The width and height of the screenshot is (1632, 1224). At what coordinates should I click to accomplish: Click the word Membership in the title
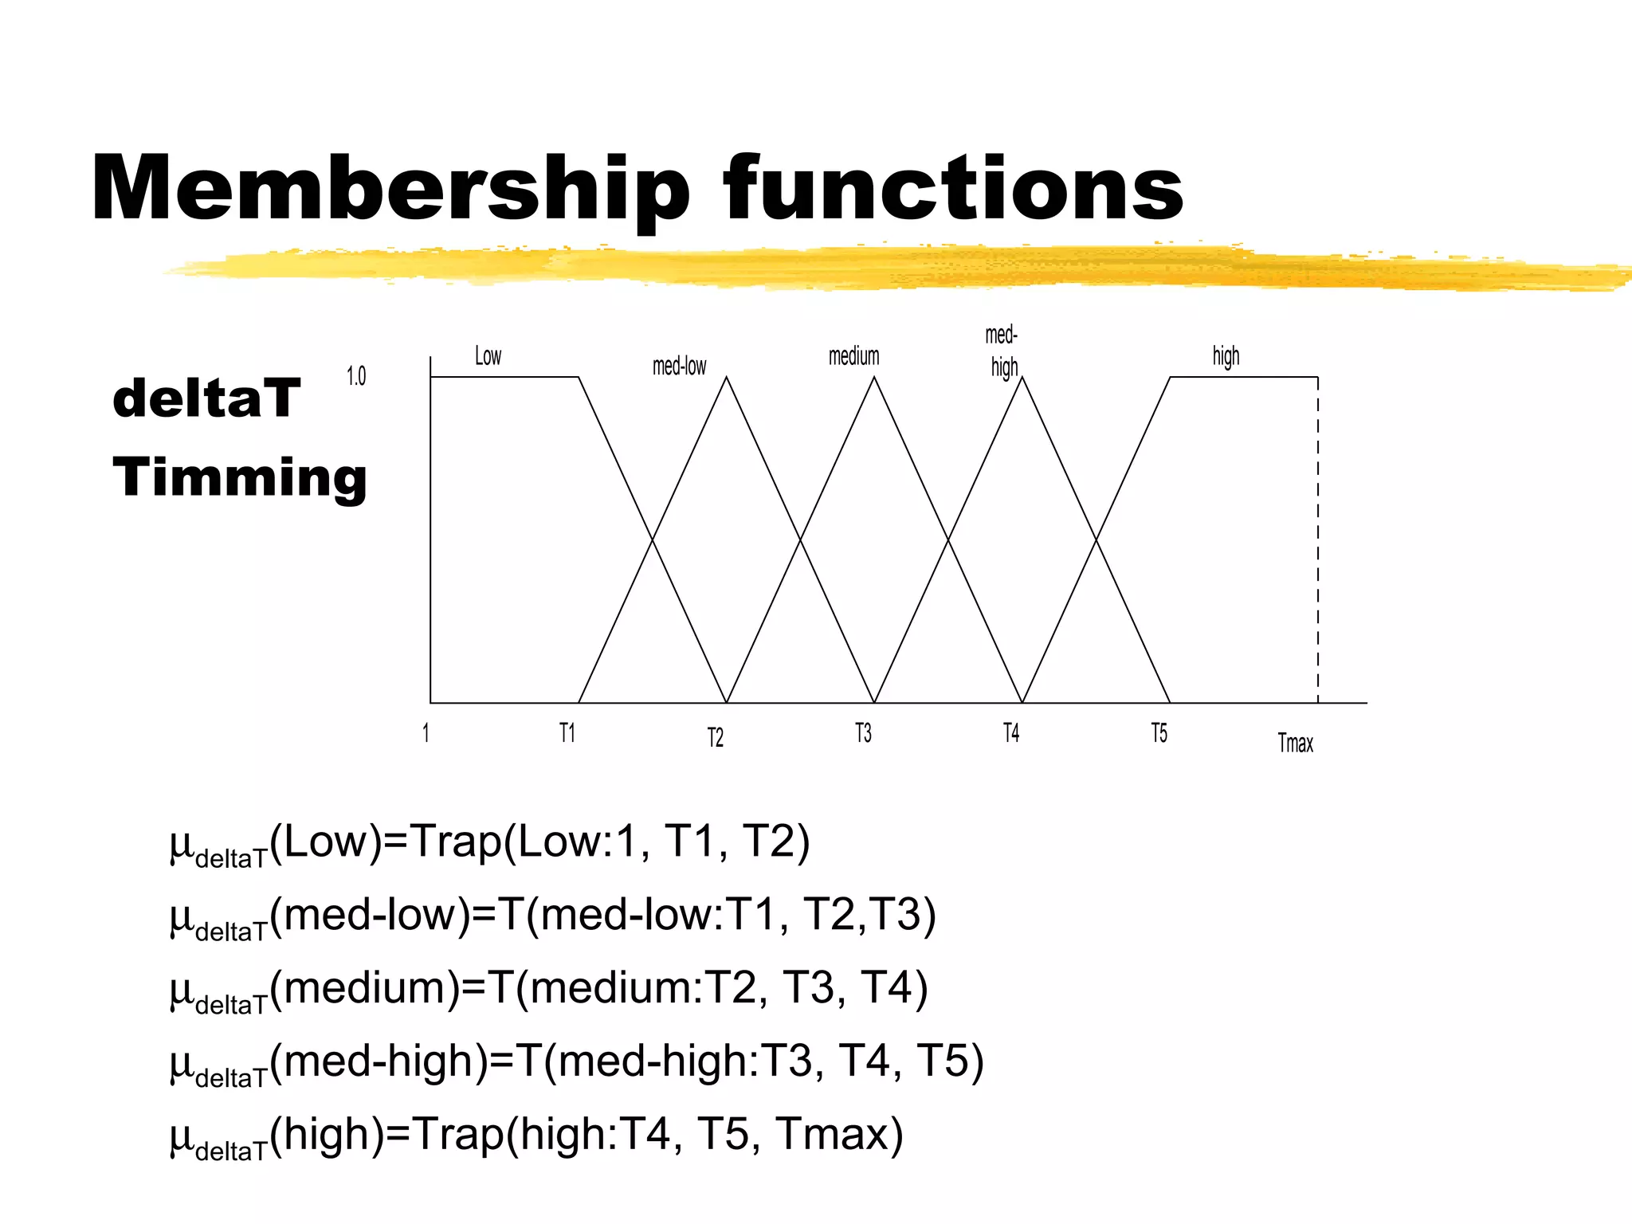click(390, 189)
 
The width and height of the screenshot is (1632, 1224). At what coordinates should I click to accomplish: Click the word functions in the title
click(953, 189)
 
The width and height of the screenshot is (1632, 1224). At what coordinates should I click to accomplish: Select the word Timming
click(240, 477)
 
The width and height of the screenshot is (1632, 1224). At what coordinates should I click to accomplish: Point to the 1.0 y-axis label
click(356, 376)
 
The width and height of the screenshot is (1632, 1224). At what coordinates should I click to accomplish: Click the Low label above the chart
click(488, 356)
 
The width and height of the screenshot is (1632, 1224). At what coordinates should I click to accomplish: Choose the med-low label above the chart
click(679, 367)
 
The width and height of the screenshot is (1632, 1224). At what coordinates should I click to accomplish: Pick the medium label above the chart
click(853, 356)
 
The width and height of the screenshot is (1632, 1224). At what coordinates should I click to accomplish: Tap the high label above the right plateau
click(1226, 356)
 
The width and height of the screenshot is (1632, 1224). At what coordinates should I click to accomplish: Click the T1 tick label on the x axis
click(567, 733)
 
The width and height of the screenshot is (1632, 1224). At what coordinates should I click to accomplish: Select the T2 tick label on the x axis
click(716, 738)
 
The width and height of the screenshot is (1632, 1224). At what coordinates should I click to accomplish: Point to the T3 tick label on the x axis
click(863, 733)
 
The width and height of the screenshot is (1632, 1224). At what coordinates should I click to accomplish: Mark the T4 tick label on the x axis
click(1011, 733)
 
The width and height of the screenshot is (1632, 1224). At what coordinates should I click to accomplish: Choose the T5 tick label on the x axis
click(1159, 733)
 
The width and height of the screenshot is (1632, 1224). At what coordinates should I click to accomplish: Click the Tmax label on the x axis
click(1295, 743)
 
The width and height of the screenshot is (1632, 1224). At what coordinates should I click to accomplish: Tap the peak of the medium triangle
click(874, 378)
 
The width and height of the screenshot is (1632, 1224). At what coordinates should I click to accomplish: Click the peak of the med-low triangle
click(726, 378)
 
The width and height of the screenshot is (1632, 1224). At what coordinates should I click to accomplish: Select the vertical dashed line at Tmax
click(1318, 542)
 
